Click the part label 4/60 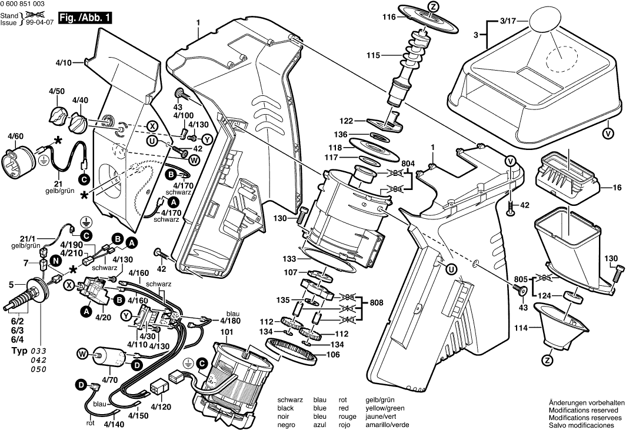pyautogui.click(x=15, y=136)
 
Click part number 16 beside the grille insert pyautogui.click(x=617, y=188)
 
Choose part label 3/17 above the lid pyautogui.click(x=507, y=21)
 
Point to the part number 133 pyautogui.click(x=288, y=258)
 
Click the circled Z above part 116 pyautogui.click(x=434, y=6)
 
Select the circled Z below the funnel pyautogui.click(x=548, y=359)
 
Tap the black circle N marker pyautogui.click(x=55, y=259)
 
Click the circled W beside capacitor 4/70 pyautogui.click(x=82, y=354)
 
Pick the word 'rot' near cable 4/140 pyautogui.click(x=91, y=422)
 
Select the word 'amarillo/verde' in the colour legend pyautogui.click(x=387, y=425)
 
